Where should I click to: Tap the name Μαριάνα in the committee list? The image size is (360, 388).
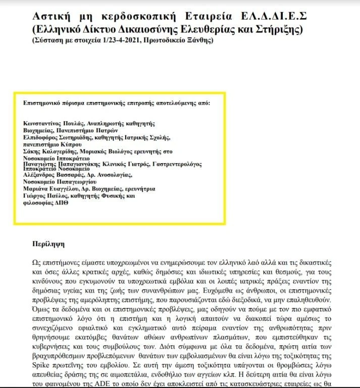click(35, 188)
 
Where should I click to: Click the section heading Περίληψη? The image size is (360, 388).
click(49, 244)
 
